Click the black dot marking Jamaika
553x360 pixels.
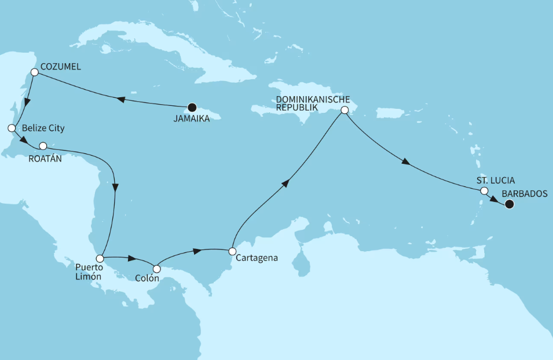click(x=192, y=108)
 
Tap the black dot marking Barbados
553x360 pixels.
click(x=509, y=204)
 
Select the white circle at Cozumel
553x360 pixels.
click(x=34, y=72)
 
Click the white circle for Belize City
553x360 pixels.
click(x=10, y=127)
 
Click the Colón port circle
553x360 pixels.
click(x=156, y=269)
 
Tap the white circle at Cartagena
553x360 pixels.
click(x=232, y=251)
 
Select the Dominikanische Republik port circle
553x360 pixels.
click(x=344, y=110)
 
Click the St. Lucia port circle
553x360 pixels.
click(x=484, y=190)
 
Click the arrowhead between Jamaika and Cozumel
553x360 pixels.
click(x=120, y=100)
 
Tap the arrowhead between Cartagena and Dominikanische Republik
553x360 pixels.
click(x=285, y=183)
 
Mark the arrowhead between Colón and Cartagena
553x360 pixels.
click(x=197, y=251)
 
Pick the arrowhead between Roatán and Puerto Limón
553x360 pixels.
click(x=116, y=188)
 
